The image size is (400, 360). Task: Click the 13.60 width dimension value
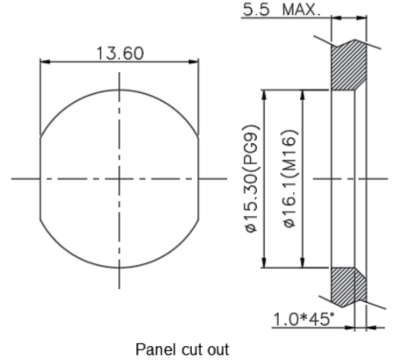[x=120, y=54]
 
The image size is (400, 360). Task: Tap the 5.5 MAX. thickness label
[x=282, y=10]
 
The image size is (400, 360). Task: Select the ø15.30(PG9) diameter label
[x=252, y=178]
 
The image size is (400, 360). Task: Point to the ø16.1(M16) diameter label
[x=290, y=178]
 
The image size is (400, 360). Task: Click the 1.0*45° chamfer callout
[x=304, y=319]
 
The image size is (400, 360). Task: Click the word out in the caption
[x=218, y=349]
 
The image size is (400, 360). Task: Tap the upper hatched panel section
[x=348, y=65]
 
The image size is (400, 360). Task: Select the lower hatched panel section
[x=348, y=287]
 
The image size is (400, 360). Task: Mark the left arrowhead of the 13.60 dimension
[x=45, y=61]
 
